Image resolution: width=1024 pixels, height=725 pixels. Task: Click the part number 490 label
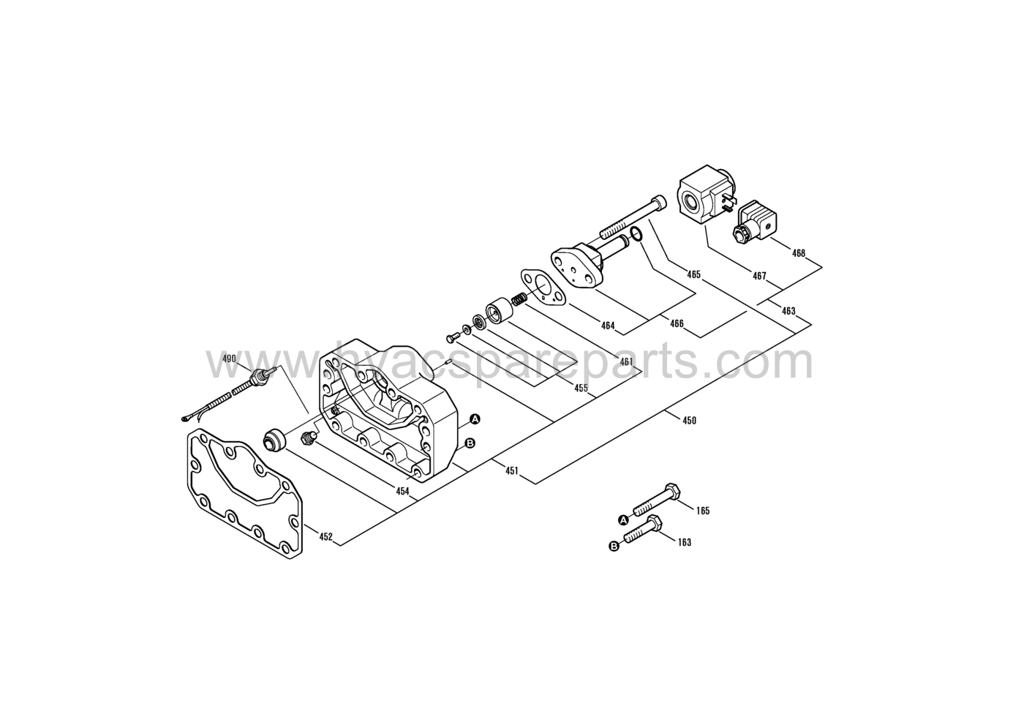[229, 358]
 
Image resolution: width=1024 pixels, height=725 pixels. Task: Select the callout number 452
[325, 537]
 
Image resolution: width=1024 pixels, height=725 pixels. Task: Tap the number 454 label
[402, 492]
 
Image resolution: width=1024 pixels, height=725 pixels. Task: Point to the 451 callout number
[511, 470]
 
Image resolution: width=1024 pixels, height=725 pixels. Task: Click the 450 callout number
[689, 421]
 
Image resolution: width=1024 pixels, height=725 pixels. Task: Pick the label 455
[581, 388]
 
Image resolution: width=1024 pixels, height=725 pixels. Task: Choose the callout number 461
[626, 362]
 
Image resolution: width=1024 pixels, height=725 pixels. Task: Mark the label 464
[608, 326]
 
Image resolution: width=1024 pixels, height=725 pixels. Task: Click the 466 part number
[677, 323]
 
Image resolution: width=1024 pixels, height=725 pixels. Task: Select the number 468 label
[798, 253]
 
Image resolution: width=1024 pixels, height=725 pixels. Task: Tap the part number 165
[703, 511]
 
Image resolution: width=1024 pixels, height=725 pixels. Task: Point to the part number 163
[685, 543]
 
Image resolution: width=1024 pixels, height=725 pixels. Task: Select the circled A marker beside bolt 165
[622, 519]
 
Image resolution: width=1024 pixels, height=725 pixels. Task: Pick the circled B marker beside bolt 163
[614, 546]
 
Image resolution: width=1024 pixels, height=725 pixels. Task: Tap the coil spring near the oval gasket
[519, 299]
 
